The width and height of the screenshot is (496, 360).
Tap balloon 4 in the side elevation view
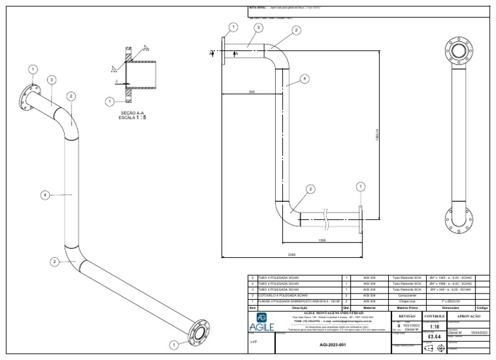click(x=304, y=79)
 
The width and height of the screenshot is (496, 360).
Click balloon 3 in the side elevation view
click(x=258, y=28)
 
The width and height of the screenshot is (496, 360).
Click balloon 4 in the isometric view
click(x=45, y=195)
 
